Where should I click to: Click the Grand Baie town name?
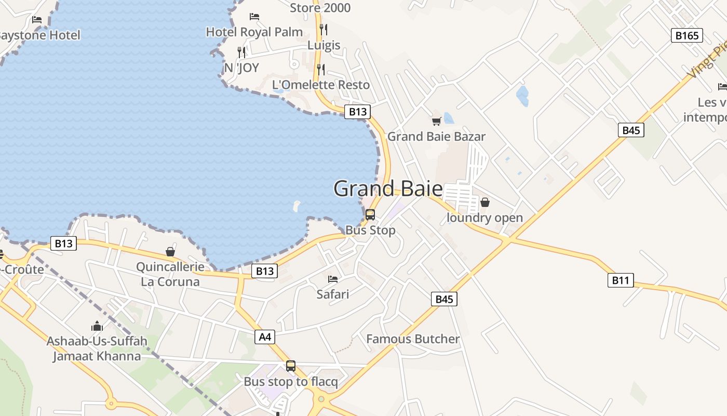pos(388,188)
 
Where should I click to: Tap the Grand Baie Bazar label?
pos(436,137)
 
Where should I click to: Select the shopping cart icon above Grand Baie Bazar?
pos(436,121)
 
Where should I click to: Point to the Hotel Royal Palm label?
pos(254,32)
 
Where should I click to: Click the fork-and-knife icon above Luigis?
pos(323,29)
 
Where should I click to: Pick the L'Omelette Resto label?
pos(320,85)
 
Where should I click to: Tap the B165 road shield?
pos(687,35)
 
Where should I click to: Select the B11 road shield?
pos(621,280)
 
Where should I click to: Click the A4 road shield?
pos(265,337)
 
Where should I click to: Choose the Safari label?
pos(333,294)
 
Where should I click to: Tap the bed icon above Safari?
pos(333,279)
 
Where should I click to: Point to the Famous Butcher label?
pos(413,339)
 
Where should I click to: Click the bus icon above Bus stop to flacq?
pos(291,366)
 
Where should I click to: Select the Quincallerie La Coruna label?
pos(170,275)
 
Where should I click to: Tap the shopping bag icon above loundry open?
pos(484,202)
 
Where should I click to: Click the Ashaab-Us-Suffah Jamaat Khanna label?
pos(97,349)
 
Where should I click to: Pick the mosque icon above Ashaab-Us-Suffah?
pos(97,327)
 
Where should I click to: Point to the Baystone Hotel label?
pos(39,35)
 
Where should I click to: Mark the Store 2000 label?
pos(320,8)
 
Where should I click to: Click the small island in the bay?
pos(297,206)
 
